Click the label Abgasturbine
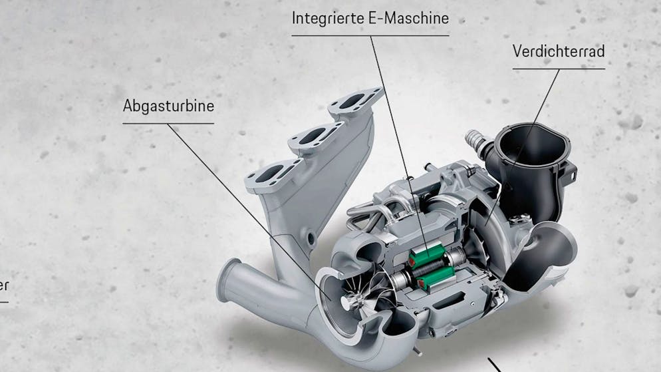(x=168, y=105)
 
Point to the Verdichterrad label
(x=559, y=51)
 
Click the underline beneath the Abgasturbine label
(x=168, y=124)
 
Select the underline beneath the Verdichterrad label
(x=559, y=69)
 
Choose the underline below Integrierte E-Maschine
(x=370, y=35)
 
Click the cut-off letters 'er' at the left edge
(x=4, y=285)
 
